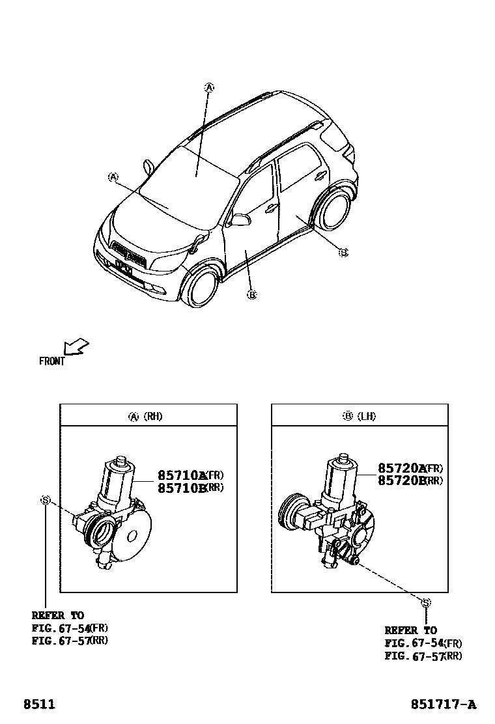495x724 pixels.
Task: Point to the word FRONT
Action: [x=52, y=361]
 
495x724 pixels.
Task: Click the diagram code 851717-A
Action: [x=443, y=704]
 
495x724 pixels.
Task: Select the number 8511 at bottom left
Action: [x=39, y=704]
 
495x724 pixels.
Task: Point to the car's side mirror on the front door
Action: [x=240, y=220]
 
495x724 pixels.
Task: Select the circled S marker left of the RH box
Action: [x=46, y=500]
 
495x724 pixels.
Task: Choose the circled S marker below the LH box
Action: [x=426, y=603]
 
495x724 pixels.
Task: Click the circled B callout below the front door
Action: [x=252, y=295]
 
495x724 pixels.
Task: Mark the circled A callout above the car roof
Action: [x=209, y=87]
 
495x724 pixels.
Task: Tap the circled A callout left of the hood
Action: [x=113, y=176]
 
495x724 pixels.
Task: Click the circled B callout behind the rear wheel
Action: [x=343, y=252]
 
